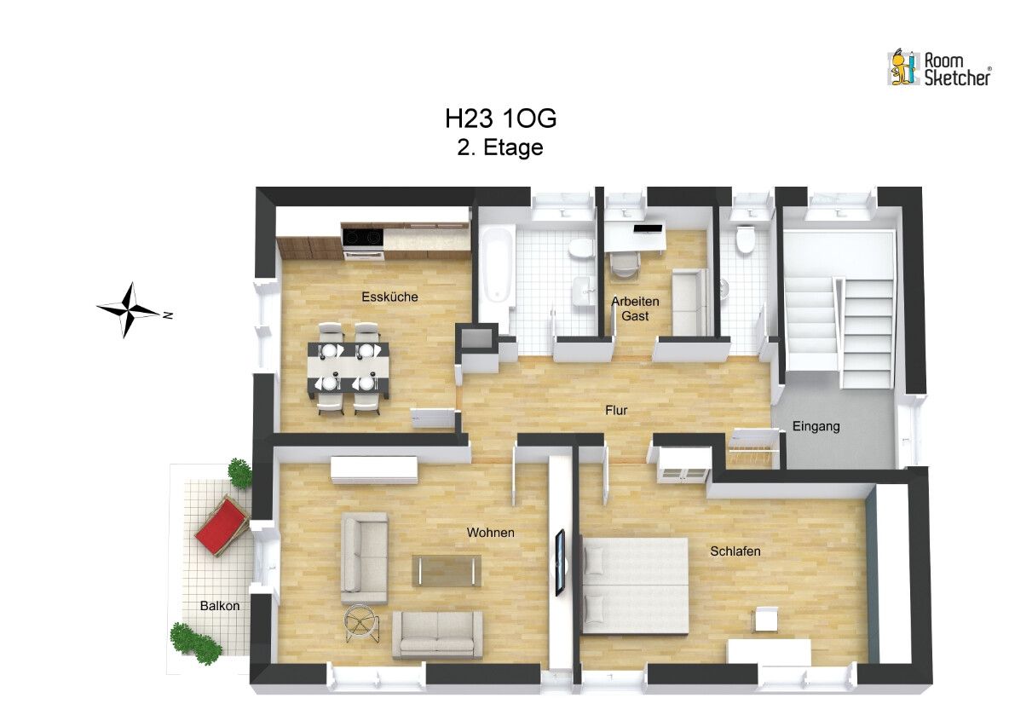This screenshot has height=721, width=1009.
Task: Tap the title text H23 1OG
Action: click(500, 118)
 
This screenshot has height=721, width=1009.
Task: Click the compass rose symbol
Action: click(129, 309)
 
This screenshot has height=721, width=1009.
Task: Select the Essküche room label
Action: click(389, 297)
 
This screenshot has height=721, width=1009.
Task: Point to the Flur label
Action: click(616, 410)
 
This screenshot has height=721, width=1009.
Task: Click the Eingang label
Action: click(816, 426)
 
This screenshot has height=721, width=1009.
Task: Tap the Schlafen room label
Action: click(735, 551)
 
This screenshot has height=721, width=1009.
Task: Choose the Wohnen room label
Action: click(490, 533)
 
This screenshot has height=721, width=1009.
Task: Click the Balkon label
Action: click(220, 606)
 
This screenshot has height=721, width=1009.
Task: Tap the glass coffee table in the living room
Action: click(447, 570)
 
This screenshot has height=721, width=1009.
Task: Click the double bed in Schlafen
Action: click(635, 585)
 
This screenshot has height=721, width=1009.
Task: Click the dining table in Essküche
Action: click(350, 367)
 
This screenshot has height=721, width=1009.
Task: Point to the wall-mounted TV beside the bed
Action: click(560, 562)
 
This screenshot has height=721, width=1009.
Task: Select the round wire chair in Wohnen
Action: click(363, 621)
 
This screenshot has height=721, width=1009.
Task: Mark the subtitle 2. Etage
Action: click(500, 147)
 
